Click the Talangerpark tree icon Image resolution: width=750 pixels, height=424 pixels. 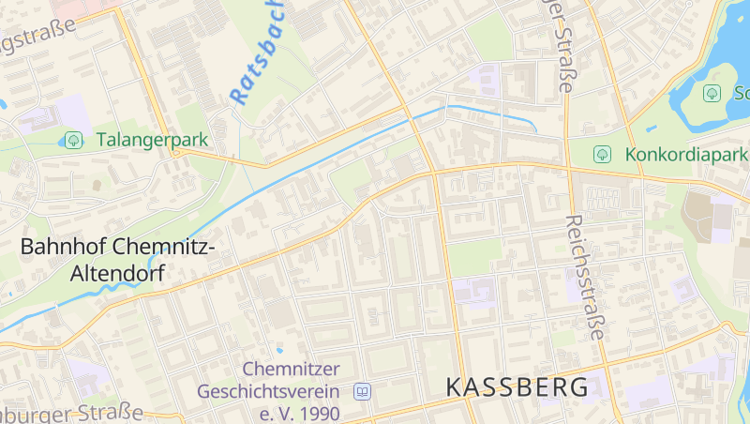click(72, 140)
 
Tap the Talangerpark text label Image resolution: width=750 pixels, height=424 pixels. click(152, 140)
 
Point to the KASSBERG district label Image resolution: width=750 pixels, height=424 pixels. click(517, 386)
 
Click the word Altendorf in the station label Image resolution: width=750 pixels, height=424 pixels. click(117, 274)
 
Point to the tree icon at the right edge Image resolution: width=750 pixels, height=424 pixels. click(712, 93)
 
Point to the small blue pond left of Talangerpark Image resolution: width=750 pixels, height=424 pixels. click(3, 104)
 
